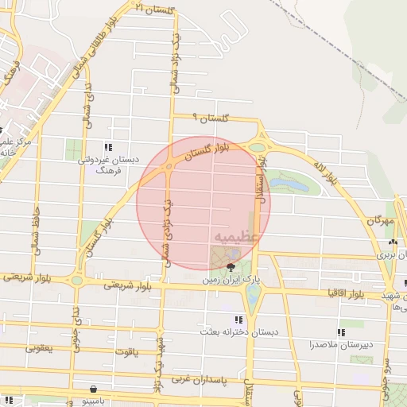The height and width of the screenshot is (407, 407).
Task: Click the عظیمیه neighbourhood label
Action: click(235, 238)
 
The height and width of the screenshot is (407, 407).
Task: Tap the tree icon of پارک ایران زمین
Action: click(231, 267)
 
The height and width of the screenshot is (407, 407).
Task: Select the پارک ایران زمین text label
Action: click(231, 281)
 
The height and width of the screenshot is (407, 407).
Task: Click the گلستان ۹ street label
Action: click(212, 118)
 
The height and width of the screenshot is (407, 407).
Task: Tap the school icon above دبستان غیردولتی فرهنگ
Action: click(108, 147)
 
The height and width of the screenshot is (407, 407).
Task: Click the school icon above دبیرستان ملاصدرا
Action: click(340, 332)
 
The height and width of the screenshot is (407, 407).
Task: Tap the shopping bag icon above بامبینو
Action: click(95, 390)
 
